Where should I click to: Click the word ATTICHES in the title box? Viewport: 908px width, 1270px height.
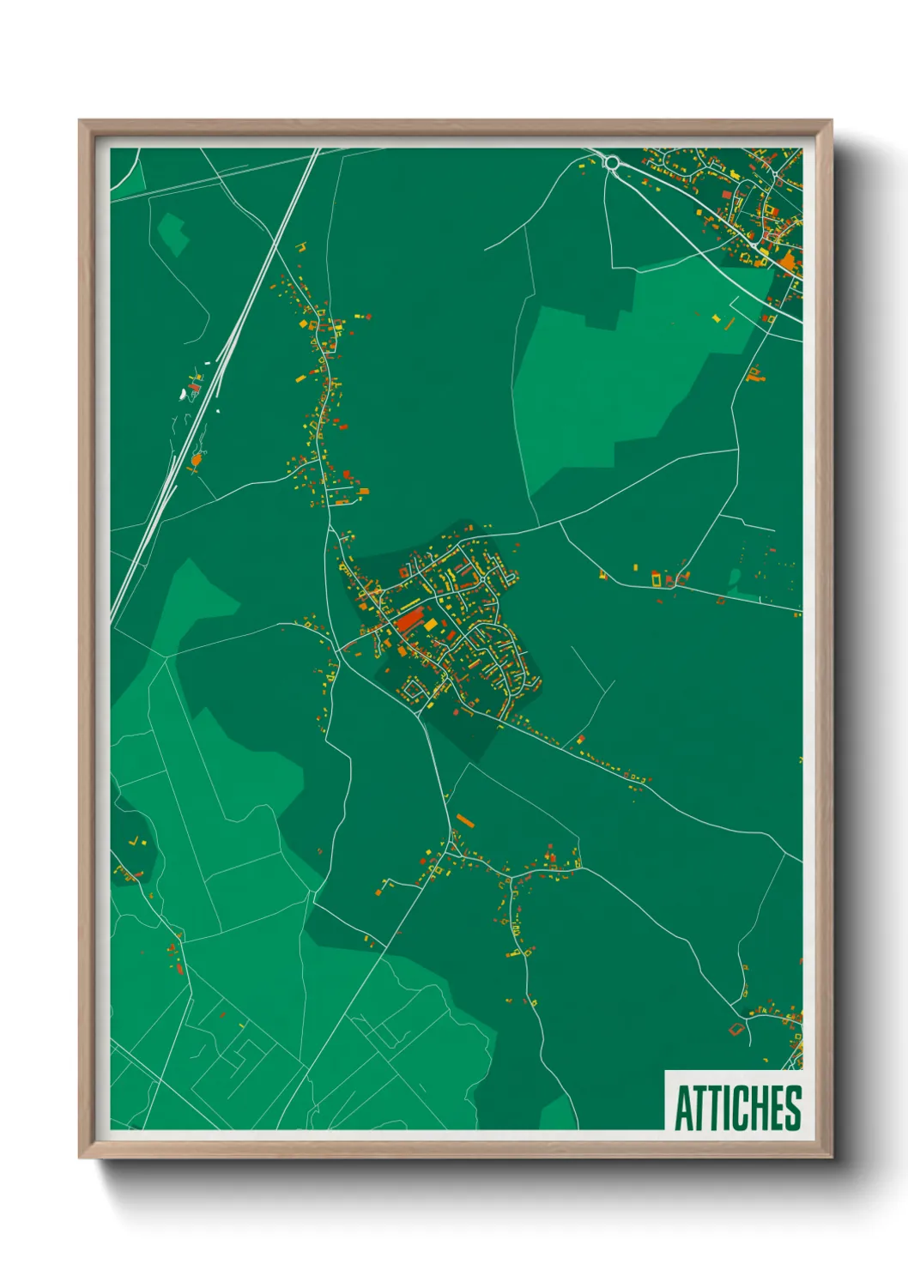point(737,1108)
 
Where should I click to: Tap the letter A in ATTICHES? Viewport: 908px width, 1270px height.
point(683,1108)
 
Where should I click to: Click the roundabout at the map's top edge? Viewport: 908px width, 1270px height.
point(612,161)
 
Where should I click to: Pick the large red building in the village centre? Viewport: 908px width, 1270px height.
point(409,620)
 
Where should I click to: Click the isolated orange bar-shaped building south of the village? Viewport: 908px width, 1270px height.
point(464,820)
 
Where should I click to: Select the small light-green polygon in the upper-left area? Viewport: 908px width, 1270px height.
point(173,232)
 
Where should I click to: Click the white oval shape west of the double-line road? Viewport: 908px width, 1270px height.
point(183,394)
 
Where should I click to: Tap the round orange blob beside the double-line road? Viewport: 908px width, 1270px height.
point(196,461)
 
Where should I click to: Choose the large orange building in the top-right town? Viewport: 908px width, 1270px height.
point(787,259)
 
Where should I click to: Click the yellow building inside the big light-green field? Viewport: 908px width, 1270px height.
point(717,317)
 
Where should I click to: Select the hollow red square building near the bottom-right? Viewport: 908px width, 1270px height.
point(734,1029)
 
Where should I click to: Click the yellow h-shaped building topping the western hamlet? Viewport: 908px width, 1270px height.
point(300,248)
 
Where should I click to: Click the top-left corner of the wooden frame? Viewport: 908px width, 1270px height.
point(81,122)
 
